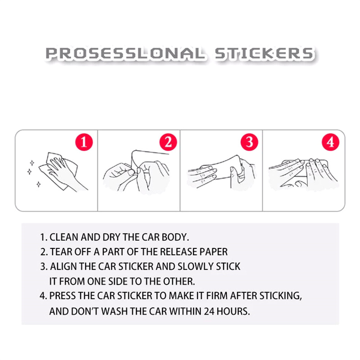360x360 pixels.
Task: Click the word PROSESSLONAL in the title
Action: pos(125,54)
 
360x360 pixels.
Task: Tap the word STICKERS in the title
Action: pos(264,54)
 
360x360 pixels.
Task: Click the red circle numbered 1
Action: pos(84,142)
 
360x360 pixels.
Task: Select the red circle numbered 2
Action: pos(168,142)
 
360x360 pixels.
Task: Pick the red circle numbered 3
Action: pos(249,142)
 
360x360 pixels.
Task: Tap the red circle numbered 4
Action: pos(330,142)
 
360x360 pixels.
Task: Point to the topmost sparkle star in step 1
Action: pos(32,163)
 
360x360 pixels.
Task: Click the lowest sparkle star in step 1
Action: pos(39,184)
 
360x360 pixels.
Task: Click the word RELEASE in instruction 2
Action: pos(179,252)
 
